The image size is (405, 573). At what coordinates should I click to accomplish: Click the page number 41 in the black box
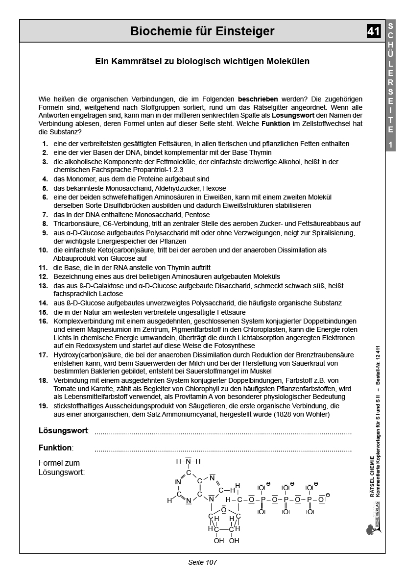tap(373, 31)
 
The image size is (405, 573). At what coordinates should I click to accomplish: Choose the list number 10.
tap(43, 250)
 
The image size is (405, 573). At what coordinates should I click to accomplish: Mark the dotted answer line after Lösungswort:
tap(223, 432)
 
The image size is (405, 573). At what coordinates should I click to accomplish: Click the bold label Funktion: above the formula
tap(55, 448)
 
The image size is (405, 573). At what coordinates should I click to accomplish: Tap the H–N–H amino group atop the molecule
tap(188, 461)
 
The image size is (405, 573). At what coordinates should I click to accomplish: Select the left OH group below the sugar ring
tap(218, 541)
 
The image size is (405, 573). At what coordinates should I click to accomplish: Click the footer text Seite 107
tap(202, 562)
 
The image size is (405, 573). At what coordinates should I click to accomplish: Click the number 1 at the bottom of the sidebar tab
tap(390, 145)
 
